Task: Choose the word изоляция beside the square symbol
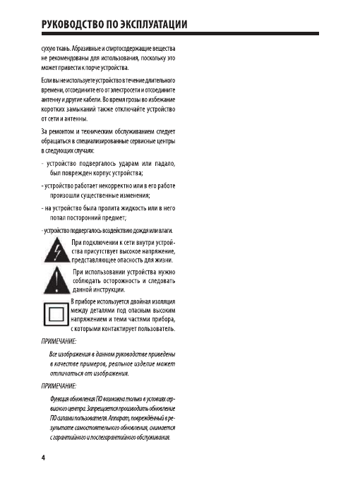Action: (x=160, y=302)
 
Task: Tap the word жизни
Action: (x=162, y=259)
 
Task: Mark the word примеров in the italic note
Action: (x=88, y=362)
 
